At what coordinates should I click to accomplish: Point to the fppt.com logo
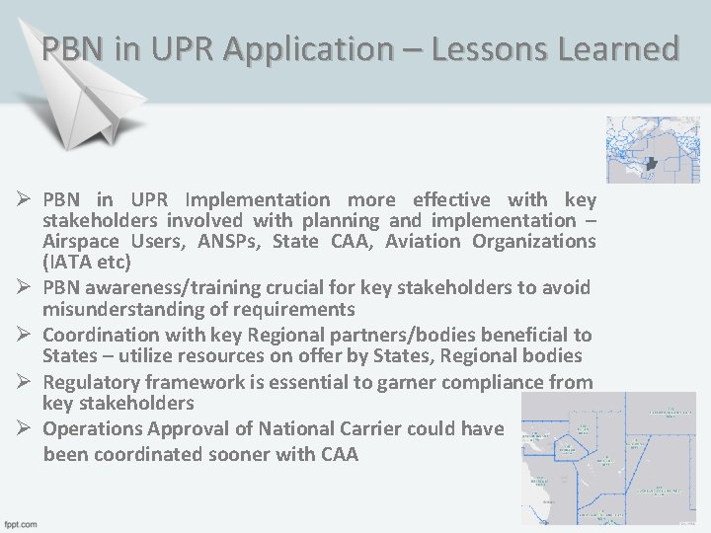click(x=20, y=523)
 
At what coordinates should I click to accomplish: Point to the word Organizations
click(x=534, y=241)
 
